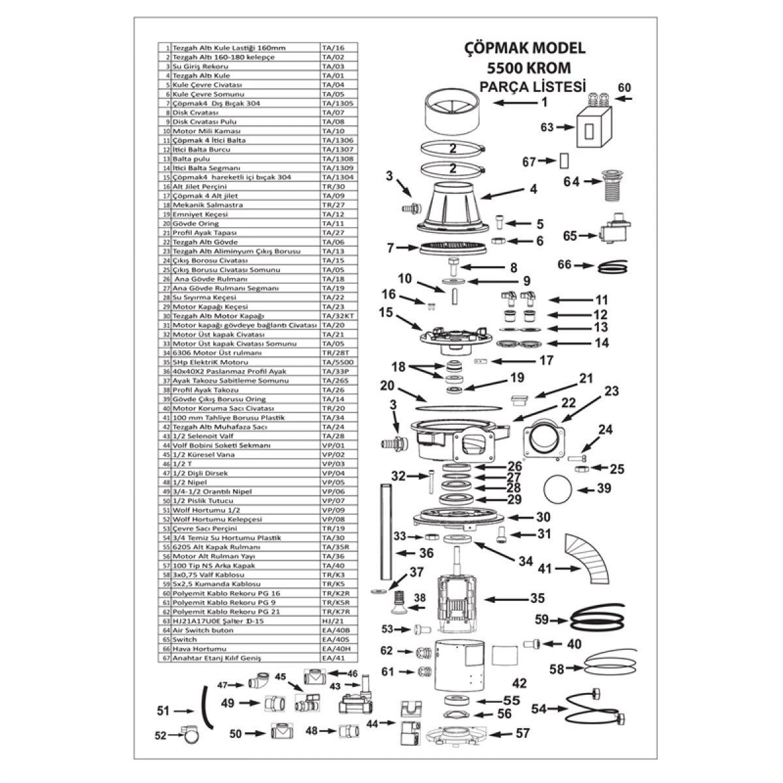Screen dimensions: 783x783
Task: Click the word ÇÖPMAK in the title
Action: tap(492, 48)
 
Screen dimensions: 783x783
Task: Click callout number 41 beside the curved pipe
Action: tap(544, 568)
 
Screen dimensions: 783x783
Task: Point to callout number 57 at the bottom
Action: tap(523, 733)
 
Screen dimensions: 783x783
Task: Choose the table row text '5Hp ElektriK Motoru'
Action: tap(210, 362)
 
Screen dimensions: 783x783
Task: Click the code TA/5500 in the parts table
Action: tap(334, 362)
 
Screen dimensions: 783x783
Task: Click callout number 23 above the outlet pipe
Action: tap(611, 391)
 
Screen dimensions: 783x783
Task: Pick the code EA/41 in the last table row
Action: tap(331, 658)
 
